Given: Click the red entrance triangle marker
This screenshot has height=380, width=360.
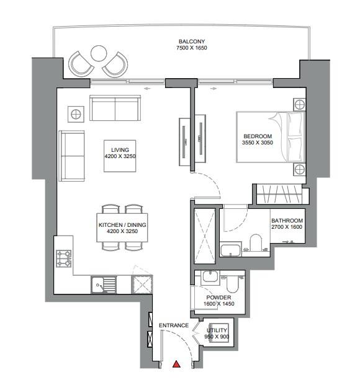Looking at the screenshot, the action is (176, 364).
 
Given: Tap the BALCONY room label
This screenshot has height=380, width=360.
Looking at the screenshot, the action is (192, 42).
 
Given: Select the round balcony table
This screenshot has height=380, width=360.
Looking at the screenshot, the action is (99, 53).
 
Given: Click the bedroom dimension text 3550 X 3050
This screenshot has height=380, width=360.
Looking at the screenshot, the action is (258, 143).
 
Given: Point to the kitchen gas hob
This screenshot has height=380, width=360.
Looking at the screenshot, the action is (64, 258).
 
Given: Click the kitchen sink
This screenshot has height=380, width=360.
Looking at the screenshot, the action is (104, 285).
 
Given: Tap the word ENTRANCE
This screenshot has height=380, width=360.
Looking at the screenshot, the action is (174, 325).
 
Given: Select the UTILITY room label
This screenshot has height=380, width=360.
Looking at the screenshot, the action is (217, 330).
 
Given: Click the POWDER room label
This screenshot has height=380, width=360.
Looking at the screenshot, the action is (218, 298).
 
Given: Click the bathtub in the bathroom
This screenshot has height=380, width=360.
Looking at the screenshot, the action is (230, 250).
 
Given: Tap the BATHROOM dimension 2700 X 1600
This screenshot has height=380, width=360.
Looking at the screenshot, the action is (287, 227).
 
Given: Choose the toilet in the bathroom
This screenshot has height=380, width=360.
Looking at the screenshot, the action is (256, 242).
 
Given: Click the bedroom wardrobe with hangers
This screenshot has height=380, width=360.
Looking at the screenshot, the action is (279, 194).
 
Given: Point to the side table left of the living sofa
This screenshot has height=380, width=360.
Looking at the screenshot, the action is (76, 114).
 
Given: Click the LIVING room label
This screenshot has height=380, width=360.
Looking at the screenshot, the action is (120, 150).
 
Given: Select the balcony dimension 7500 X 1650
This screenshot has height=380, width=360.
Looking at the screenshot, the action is (192, 48).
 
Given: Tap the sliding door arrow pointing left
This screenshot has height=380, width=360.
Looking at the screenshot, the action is (147, 89).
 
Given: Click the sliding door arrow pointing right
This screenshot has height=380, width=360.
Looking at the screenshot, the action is (214, 89).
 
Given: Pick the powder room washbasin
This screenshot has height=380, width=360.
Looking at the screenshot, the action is (210, 276).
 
